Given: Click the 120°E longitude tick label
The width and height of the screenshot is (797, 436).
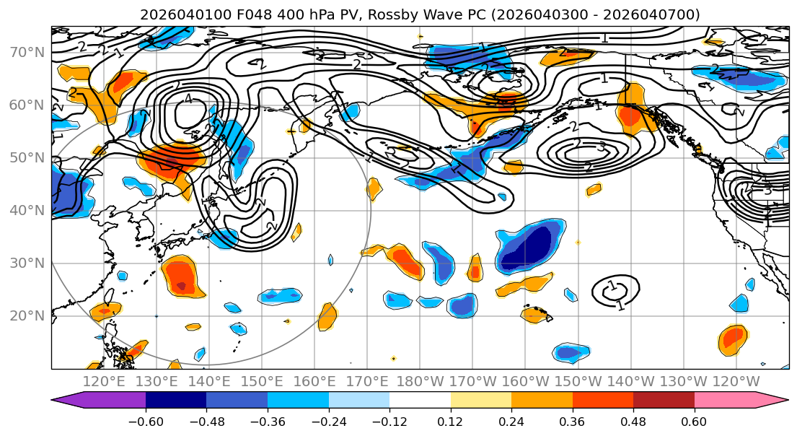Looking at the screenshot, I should click(104, 381).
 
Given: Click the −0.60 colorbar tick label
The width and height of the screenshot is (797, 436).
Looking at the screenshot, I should click(146, 422).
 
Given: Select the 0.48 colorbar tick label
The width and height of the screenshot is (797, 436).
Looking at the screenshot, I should click(633, 422).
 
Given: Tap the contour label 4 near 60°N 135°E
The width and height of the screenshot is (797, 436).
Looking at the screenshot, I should click(188, 99).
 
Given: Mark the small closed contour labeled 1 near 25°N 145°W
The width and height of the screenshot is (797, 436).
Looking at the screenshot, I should click(615, 290).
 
